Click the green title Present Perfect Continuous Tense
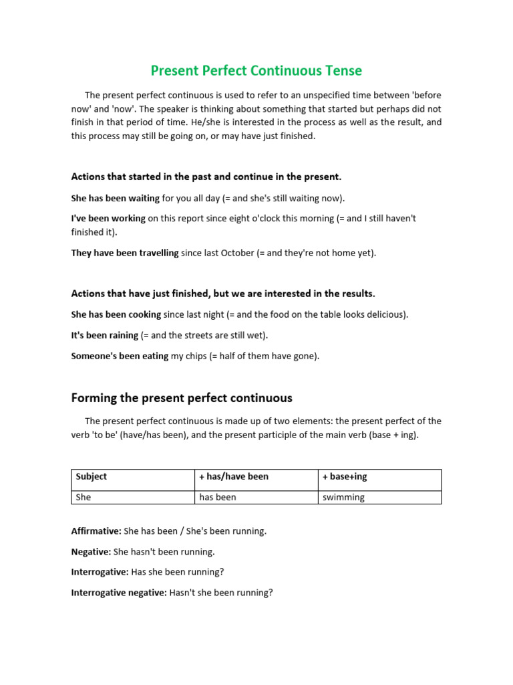256,70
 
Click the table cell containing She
132,497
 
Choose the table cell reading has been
255,497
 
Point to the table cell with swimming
379,497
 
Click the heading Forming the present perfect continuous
182,398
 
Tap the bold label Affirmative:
96,531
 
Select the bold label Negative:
92,552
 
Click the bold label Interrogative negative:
119,593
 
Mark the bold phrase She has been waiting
115,198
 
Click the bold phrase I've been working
108,219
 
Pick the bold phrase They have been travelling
125,253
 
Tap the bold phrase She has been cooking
116,314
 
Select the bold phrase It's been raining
104,335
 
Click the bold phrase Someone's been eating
120,356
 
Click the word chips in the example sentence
197,356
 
